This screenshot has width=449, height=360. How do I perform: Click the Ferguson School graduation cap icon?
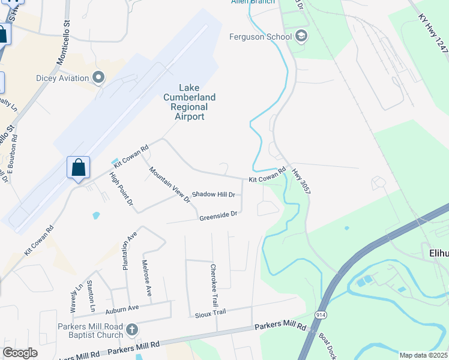click(x=301, y=37)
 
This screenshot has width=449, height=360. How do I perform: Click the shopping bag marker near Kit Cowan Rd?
click(x=79, y=167)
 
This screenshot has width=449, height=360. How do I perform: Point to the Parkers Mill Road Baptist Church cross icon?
click(x=133, y=329)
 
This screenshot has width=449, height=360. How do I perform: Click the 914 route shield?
click(x=319, y=314)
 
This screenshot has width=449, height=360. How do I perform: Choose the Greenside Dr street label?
click(x=219, y=214)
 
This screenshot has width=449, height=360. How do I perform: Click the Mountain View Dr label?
click(x=170, y=184)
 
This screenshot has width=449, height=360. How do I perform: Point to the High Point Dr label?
click(x=121, y=189)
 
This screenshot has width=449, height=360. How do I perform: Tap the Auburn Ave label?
click(x=122, y=309)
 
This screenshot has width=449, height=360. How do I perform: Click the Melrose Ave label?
click(x=147, y=277)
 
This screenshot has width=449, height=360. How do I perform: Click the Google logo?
click(x=20, y=353)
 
